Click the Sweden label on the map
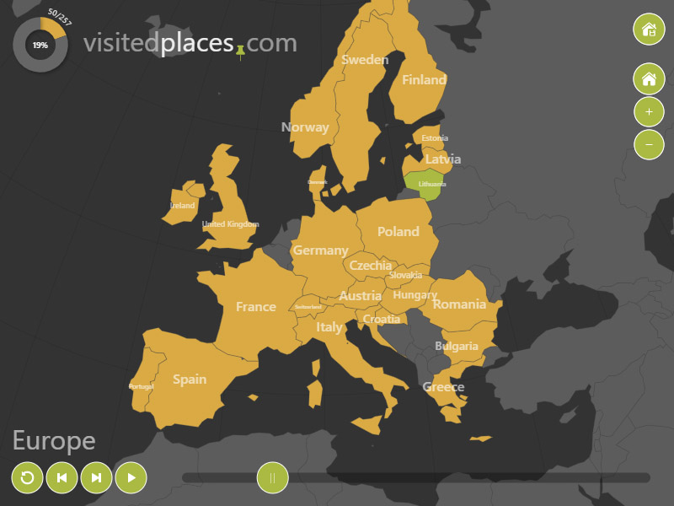pos(365,60)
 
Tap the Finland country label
pos(424,80)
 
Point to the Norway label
pos(305,127)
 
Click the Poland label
pos(398,231)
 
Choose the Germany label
pos(320,250)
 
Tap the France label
pos(256,307)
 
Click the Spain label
pos(190,379)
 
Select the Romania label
pos(459,304)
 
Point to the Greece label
pos(443,387)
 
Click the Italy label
pos(329,327)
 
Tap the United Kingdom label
pos(231,224)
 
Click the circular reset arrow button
pos(27,478)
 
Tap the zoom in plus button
pos(649,111)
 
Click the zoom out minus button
pos(649,143)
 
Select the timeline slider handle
pos(272,478)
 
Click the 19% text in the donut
pos(40,45)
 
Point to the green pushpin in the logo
pos(241,52)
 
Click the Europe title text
pos(54,440)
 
